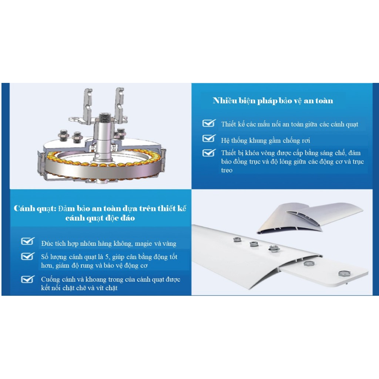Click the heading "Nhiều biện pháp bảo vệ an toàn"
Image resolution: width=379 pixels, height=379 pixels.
273,101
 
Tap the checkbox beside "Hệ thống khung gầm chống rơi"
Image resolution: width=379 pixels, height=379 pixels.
209,138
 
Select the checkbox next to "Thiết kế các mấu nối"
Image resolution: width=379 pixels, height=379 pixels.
209,123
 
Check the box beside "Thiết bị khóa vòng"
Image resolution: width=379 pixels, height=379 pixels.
209,152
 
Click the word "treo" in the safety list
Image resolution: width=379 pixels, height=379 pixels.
227,170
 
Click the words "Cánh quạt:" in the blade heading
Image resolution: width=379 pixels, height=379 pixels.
35,208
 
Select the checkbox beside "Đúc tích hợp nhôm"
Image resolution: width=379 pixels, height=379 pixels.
28,241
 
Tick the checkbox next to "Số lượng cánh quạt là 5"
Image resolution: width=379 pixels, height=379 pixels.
28,256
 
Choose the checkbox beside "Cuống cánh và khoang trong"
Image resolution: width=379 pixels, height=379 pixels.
28,279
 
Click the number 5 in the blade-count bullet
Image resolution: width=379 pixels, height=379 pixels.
107,257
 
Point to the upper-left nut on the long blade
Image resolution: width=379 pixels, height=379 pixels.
237,240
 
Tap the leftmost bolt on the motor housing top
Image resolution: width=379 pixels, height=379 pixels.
64,135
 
